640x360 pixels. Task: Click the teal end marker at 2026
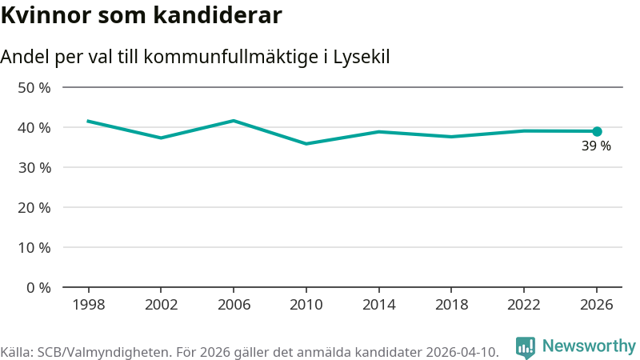[597, 131]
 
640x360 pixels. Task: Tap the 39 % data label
[596, 146]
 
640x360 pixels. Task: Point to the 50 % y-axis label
[34, 88]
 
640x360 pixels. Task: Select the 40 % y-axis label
[34, 128]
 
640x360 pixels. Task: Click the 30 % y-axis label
[34, 168]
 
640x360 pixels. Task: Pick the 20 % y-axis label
[34, 208]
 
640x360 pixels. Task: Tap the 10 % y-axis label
[34, 248]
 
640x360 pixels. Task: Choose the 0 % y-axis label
[38, 288]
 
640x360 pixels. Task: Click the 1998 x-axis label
[89, 305]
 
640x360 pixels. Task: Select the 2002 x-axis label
[162, 305]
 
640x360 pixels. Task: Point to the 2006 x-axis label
[234, 305]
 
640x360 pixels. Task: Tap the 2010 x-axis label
[306, 305]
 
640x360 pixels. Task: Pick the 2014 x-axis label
[378, 305]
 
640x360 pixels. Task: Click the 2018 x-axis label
[451, 305]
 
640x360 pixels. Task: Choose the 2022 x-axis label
[524, 305]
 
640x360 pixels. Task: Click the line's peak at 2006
[234, 121]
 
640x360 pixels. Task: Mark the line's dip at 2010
[306, 144]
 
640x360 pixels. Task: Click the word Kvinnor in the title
[46, 15]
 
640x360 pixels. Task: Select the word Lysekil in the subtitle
[362, 57]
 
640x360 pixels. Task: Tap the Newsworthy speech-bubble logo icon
[526, 347]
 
